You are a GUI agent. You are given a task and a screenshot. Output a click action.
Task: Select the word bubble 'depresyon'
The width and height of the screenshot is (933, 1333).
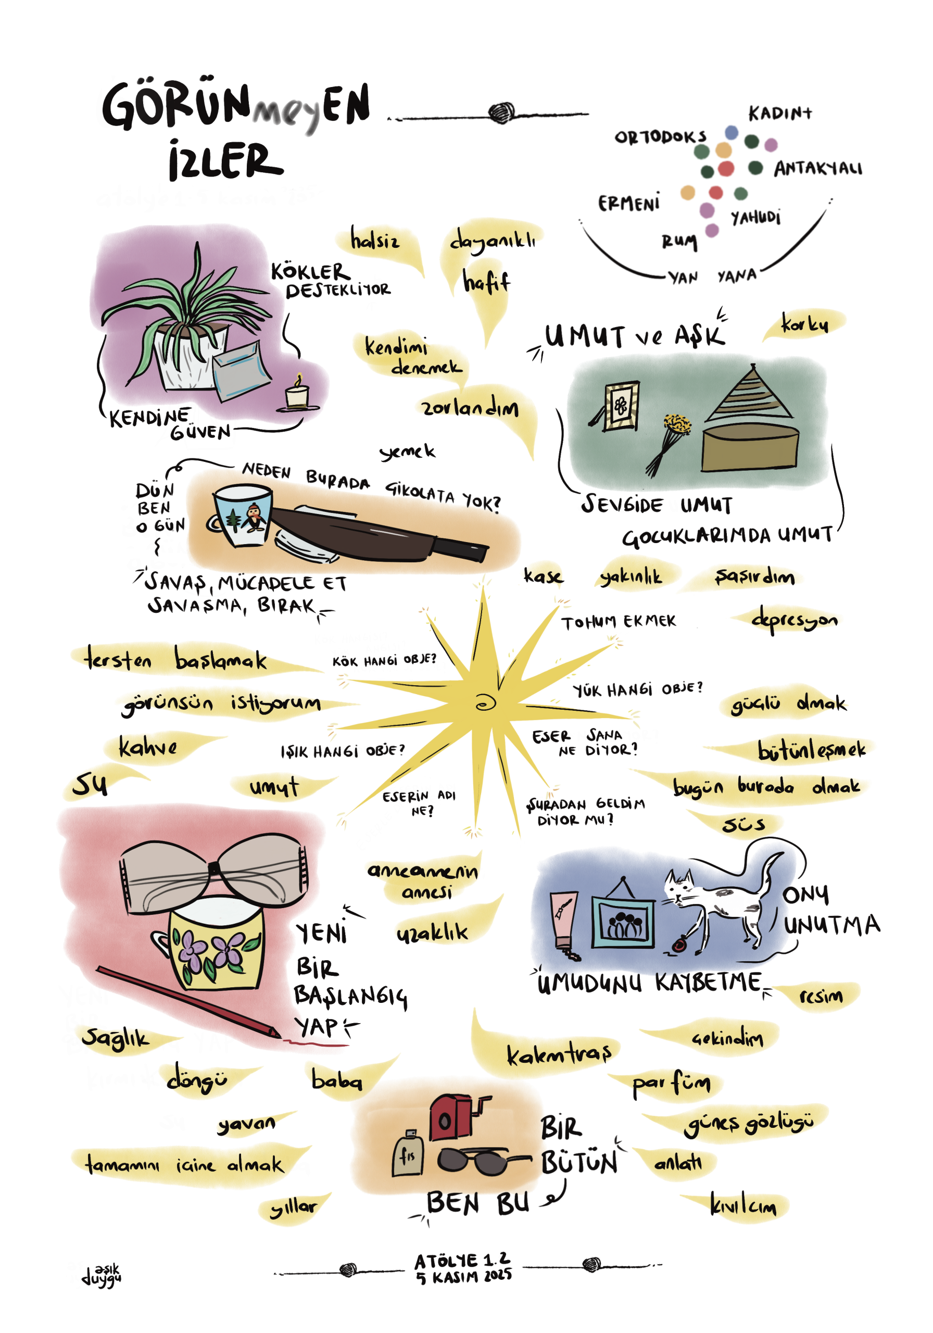pos(793,620)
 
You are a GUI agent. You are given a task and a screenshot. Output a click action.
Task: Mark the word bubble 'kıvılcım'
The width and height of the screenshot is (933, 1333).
pos(743,1208)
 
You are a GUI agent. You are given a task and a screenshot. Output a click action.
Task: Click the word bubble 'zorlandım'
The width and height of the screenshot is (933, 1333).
pos(470,409)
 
